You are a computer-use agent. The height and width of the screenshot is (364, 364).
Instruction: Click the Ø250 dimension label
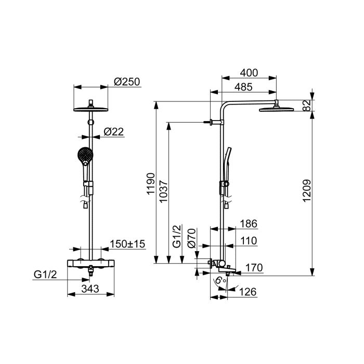tap(127, 82)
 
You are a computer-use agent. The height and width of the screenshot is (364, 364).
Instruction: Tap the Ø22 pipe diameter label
tap(114, 132)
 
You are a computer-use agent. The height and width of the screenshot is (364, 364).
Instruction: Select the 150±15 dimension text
tap(127, 244)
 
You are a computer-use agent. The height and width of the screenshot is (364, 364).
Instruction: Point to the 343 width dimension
tap(90, 289)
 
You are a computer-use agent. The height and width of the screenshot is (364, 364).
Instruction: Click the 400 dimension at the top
tap(249, 73)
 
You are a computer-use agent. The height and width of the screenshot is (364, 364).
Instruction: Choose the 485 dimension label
tap(243, 87)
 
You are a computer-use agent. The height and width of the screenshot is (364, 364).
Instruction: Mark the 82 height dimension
tap(307, 106)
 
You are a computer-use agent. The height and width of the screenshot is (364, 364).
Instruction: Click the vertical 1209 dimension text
tap(307, 191)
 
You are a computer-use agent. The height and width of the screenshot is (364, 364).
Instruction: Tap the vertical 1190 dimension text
tap(151, 184)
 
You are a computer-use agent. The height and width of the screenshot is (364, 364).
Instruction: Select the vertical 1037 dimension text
tap(164, 191)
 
